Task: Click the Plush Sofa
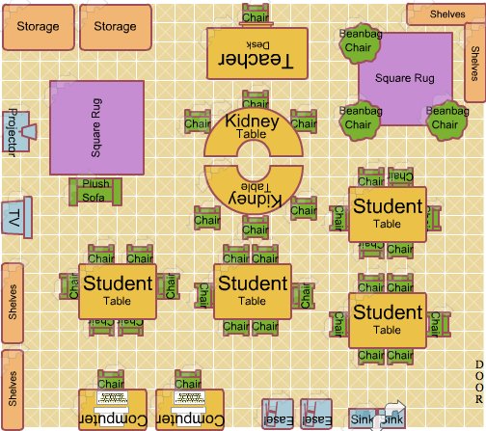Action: [95, 190]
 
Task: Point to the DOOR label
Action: [478, 382]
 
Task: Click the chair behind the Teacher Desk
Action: [256, 14]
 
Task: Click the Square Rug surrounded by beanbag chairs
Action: [405, 79]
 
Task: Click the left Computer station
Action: [112, 410]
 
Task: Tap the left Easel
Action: [276, 414]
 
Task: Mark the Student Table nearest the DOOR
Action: [386, 321]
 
